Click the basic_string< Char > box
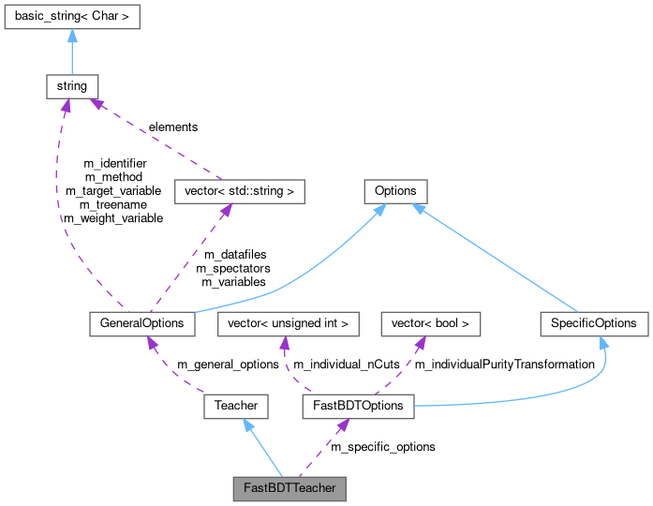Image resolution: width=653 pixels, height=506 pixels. (x=72, y=17)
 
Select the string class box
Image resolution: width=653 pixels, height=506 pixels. (x=72, y=86)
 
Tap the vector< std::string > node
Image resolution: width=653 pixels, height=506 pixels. (x=239, y=191)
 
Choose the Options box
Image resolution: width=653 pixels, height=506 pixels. (x=395, y=191)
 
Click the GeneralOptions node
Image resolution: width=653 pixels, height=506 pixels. (x=142, y=323)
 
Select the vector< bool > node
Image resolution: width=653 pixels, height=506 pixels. (x=431, y=323)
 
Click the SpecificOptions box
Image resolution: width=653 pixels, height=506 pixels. (x=594, y=323)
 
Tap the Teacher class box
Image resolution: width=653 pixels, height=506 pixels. (x=236, y=406)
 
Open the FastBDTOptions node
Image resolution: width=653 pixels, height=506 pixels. (x=358, y=406)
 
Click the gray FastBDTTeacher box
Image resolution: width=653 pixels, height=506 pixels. (x=289, y=488)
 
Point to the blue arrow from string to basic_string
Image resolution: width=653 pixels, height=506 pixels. (x=72, y=52)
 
